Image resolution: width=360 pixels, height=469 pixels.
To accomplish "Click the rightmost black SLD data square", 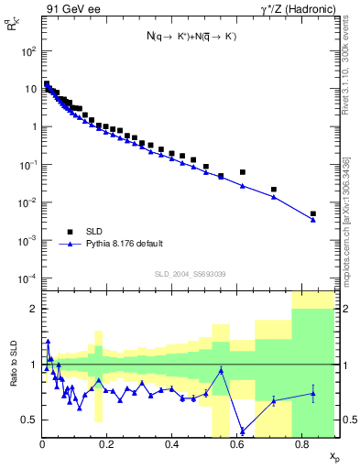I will pyautogui.click(x=313, y=213).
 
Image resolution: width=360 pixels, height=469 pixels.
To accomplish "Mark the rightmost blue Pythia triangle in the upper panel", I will pyautogui.click(x=313, y=220).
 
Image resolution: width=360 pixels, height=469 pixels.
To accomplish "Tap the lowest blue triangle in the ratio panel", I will pyautogui.click(x=242, y=431).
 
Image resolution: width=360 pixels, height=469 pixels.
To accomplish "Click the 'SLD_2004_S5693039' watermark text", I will pyautogui.click(x=190, y=274).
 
